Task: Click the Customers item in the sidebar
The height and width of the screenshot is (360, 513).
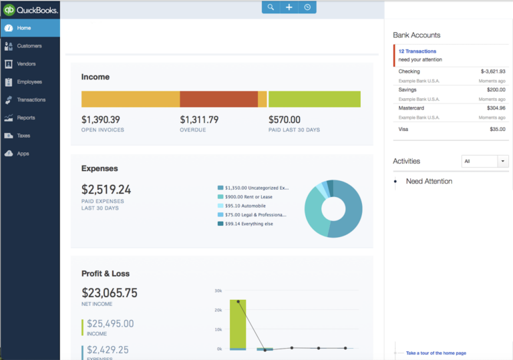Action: (29, 46)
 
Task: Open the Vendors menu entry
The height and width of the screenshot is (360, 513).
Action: (26, 64)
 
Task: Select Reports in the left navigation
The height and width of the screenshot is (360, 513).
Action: (26, 118)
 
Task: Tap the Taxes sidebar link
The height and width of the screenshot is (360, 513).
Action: (23, 136)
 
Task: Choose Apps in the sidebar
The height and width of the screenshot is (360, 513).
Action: (23, 154)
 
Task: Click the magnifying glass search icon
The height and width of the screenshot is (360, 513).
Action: (271, 7)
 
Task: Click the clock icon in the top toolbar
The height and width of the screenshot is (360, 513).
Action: (307, 7)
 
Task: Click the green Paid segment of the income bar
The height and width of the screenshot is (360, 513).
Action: (314, 99)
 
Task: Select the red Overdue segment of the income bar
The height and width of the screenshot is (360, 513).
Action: (218, 99)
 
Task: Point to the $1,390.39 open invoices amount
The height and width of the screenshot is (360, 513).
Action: (101, 120)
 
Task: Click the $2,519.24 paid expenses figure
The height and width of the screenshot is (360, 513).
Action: (106, 190)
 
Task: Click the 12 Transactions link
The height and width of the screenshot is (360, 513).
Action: (417, 51)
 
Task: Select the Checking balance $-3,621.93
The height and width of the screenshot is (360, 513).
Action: (492, 71)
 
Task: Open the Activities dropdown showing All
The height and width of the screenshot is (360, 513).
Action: (485, 161)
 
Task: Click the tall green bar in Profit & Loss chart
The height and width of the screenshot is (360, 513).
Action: (238, 324)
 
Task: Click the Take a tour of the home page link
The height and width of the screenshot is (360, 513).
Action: (436, 353)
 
